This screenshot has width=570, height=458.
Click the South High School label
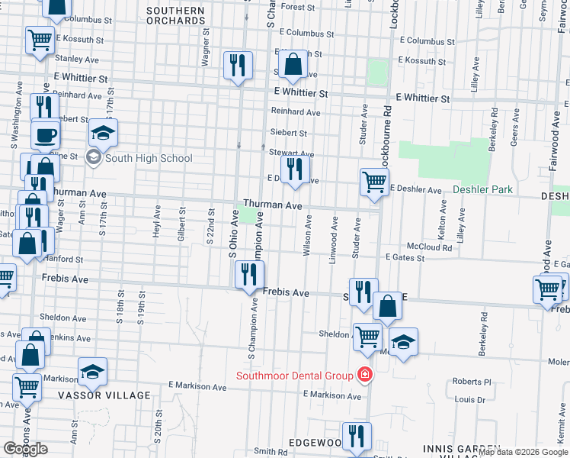pyautogui.click(x=149, y=159)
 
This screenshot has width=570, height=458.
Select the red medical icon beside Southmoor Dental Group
pyautogui.click(x=365, y=376)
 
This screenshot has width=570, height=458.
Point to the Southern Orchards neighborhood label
pyautogui.click(x=176, y=16)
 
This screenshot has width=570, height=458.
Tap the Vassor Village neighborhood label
pyautogui.click(x=104, y=395)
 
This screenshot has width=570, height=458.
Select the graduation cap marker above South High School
pyautogui.click(x=103, y=134)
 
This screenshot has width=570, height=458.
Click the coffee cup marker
pyautogui.click(x=45, y=134)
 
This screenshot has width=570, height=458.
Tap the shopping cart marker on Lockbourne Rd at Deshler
pyautogui.click(x=374, y=182)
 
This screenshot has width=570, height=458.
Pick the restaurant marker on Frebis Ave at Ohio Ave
pyautogui.click(x=248, y=273)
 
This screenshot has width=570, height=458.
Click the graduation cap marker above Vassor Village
pyautogui.click(x=92, y=372)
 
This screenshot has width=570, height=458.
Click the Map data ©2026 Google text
pyautogui.click(x=523, y=453)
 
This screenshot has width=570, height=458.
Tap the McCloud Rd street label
pyautogui.click(x=429, y=247)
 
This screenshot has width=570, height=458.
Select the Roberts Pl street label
pyautogui.click(x=472, y=382)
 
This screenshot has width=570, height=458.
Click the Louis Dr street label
pyautogui.click(x=469, y=399)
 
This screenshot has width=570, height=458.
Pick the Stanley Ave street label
pyautogui.click(x=78, y=58)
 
